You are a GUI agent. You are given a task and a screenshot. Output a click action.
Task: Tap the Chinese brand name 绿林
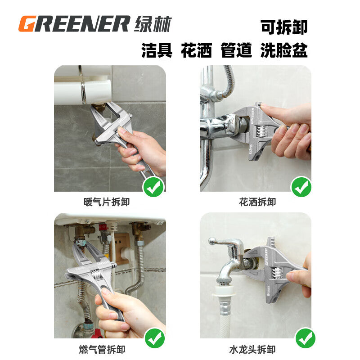[x=153, y=24]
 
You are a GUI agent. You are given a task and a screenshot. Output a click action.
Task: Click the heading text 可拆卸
[x=284, y=27]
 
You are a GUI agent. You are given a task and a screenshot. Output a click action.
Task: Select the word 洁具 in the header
[x=157, y=50]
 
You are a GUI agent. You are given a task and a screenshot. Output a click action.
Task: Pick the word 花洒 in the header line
[x=196, y=50]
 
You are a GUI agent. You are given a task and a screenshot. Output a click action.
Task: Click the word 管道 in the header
[x=236, y=50]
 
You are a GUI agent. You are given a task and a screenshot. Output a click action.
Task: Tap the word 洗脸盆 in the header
[x=284, y=50]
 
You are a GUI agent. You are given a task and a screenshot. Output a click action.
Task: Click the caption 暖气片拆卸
[x=107, y=202]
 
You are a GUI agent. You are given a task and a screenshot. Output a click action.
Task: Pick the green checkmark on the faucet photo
[x=305, y=337]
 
